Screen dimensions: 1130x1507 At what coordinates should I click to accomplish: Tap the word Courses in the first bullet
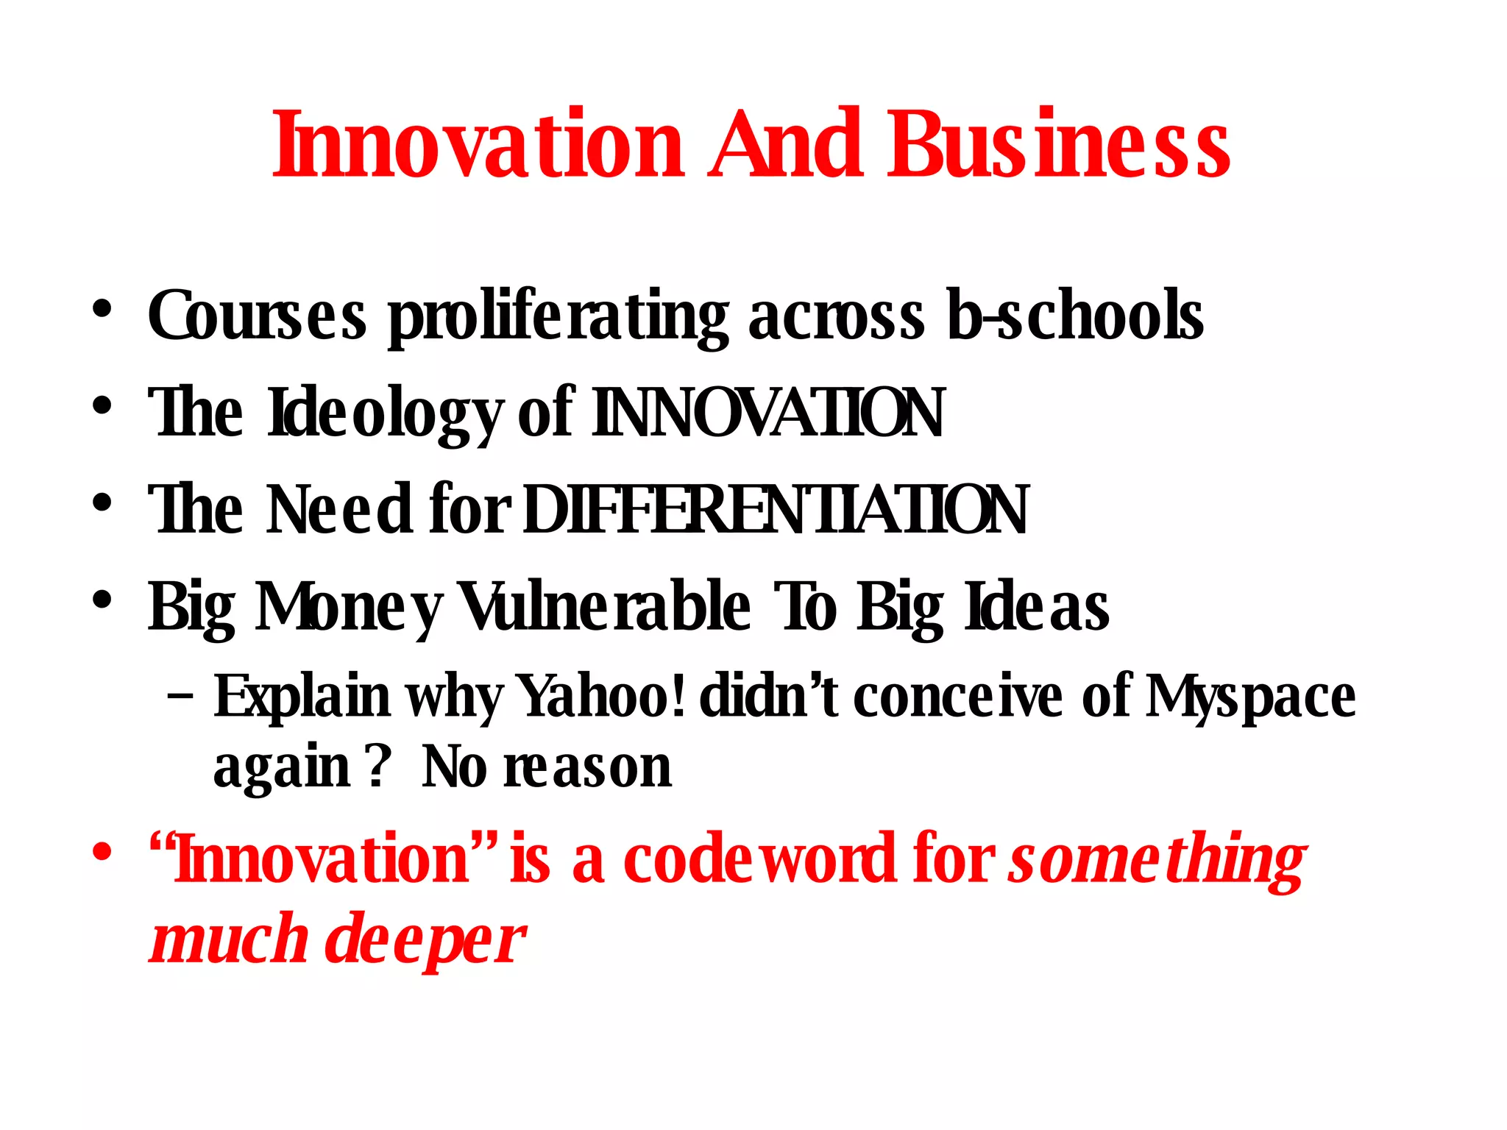(256, 316)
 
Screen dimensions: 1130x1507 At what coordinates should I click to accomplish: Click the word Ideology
(385, 413)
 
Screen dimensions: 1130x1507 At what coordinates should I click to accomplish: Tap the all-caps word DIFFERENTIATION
(776, 510)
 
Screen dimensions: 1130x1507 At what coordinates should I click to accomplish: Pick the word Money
(348, 608)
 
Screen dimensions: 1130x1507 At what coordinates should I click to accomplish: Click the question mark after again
(377, 767)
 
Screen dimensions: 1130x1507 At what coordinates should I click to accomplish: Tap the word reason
(587, 767)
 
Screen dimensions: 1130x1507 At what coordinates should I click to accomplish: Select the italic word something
(1157, 861)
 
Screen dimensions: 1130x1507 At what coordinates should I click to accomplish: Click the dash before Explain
(181, 695)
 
